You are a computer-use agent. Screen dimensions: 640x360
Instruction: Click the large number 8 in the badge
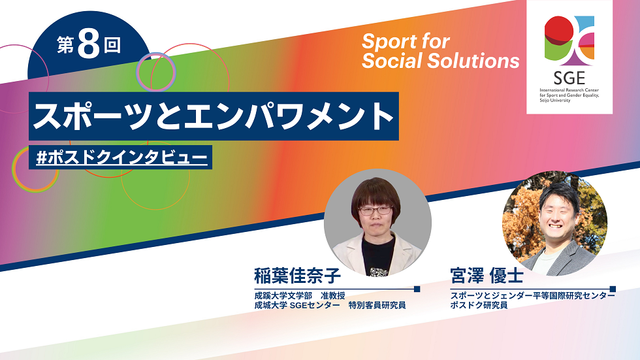coord(89,44)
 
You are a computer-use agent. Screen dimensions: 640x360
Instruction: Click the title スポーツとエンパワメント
coord(213,116)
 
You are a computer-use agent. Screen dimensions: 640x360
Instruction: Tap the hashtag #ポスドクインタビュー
coord(121,157)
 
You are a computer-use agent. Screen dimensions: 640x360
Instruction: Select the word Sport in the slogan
coord(388,41)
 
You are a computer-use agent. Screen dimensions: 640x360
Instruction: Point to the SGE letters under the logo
coord(569,77)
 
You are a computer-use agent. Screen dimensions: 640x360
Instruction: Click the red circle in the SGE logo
coord(559,27)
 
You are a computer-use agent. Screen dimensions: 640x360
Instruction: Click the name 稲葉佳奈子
coord(298,276)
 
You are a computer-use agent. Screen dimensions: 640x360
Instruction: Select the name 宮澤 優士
coord(487,276)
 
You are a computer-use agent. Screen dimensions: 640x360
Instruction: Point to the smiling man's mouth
coord(556,225)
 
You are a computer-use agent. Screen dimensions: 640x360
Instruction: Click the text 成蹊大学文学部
coord(283,295)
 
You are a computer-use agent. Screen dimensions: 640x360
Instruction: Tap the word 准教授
coord(332,295)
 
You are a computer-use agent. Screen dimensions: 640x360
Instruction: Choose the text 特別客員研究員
coord(377,305)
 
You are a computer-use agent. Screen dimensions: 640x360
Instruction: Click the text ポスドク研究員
coord(479,305)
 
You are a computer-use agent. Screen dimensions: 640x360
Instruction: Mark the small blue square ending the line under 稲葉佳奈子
coord(417,289)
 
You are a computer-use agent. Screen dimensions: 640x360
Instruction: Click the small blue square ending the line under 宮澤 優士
coord(613,289)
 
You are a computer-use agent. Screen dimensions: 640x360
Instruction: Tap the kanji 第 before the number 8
coord(65,45)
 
